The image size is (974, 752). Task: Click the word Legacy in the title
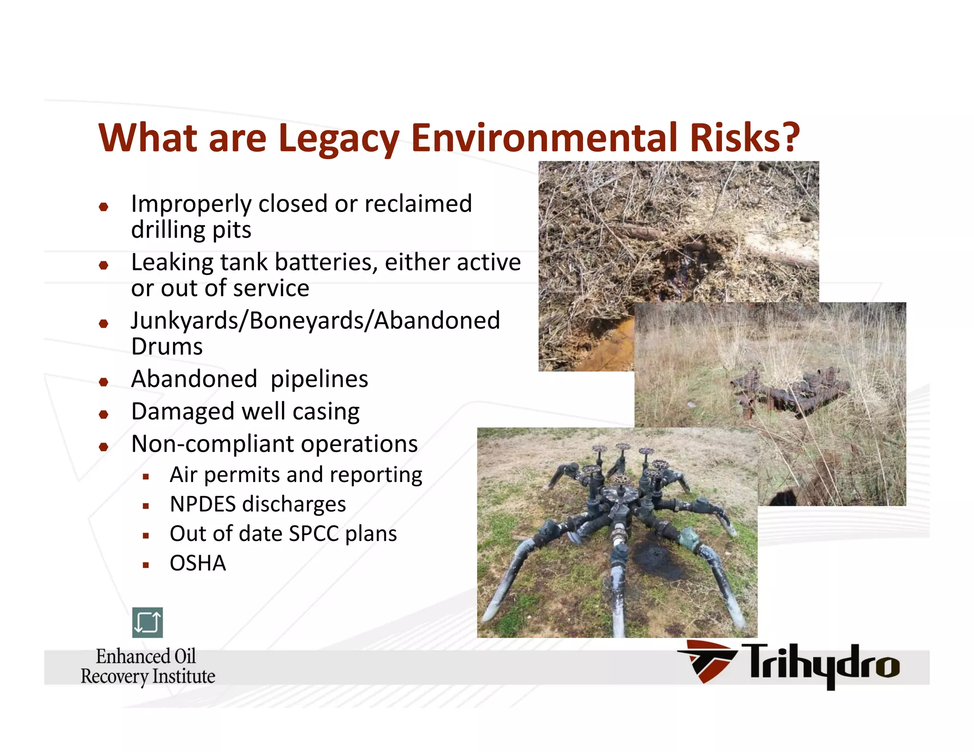(339, 138)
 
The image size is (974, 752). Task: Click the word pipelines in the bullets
(319, 379)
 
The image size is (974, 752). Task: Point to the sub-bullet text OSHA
(198, 563)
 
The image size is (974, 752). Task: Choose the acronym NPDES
(202, 504)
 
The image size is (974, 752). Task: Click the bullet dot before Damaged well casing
(104, 415)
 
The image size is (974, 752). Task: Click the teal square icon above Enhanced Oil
(147, 622)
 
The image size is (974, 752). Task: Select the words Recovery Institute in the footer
(148, 676)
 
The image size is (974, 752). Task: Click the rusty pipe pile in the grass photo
(789, 390)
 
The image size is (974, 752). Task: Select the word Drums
(167, 347)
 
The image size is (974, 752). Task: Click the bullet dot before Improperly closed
(104, 207)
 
